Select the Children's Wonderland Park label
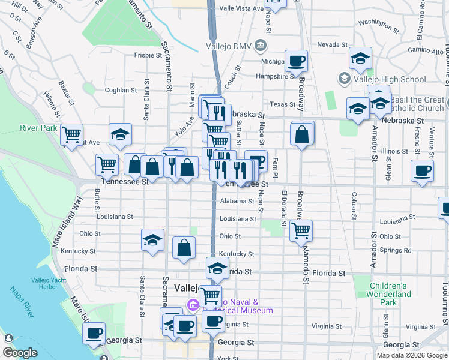(x=390, y=295)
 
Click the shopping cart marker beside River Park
(x=72, y=134)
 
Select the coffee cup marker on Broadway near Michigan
(x=296, y=61)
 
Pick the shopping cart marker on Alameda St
(x=301, y=229)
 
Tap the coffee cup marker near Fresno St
(x=422, y=170)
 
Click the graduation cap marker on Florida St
(x=217, y=268)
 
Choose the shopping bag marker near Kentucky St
(x=184, y=247)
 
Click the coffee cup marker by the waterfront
(x=94, y=333)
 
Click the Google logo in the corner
(x=20, y=353)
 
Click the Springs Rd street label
(x=399, y=250)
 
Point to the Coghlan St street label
(x=121, y=90)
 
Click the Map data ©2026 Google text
(x=412, y=355)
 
